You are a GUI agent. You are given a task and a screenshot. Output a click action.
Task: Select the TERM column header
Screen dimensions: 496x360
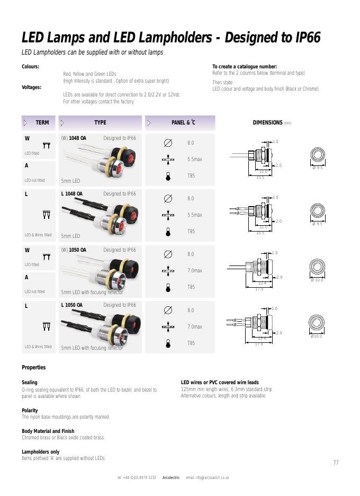tap(42, 123)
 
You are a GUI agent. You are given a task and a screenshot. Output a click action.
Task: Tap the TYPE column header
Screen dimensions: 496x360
tap(100, 123)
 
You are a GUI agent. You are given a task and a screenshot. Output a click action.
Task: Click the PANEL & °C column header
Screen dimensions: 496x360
tap(183, 123)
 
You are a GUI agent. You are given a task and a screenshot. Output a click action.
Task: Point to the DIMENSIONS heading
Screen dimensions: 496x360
tap(267, 123)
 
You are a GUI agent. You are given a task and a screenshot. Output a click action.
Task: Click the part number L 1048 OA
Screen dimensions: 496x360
tap(72, 194)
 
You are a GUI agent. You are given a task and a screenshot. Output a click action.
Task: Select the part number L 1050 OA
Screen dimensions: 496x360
tap(72, 305)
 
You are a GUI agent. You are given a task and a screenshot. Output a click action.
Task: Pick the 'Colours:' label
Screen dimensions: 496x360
tap(30, 67)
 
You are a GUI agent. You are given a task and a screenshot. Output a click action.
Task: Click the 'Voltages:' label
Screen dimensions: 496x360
tap(31, 87)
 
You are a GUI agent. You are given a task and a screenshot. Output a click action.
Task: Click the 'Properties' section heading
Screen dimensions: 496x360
tap(33, 368)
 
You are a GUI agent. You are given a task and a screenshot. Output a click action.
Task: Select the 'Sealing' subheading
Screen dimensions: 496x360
tap(29, 383)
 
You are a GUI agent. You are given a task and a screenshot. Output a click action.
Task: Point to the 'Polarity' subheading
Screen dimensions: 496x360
tap(30, 411)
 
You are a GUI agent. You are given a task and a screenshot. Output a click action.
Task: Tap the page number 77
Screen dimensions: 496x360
tap(336, 463)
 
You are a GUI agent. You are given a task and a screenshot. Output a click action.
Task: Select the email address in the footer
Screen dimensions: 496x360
tap(208, 478)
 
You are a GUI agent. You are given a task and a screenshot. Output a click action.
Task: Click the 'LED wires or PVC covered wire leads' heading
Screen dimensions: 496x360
tap(220, 383)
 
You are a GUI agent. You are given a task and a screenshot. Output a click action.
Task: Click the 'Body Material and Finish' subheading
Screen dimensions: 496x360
tap(48, 431)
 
